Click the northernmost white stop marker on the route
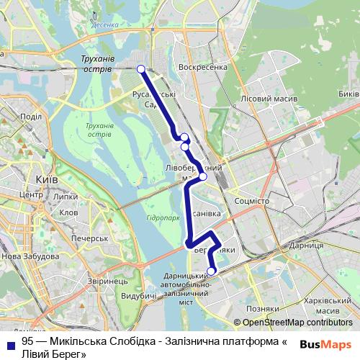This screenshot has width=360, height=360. [x=141, y=69]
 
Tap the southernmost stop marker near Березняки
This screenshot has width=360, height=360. [x=212, y=271]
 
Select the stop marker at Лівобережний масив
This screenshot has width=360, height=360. [x=202, y=176]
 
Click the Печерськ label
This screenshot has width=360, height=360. [x=89, y=238]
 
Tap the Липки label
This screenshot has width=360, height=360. [x=66, y=196]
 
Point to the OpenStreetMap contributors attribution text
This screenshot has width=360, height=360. [x=297, y=323]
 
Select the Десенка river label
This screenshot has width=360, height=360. [x=106, y=24]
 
